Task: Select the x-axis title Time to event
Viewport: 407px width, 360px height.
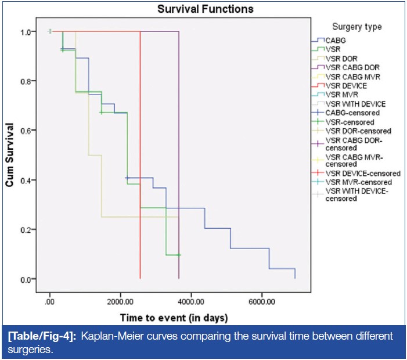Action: click(x=174, y=318)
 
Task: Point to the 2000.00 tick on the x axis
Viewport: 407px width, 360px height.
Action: click(x=120, y=302)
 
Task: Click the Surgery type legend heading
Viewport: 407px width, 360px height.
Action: click(x=357, y=27)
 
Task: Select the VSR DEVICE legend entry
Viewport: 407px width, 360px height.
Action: click(x=346, y=85)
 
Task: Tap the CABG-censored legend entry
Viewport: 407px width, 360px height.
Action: click(x=352, y=113)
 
